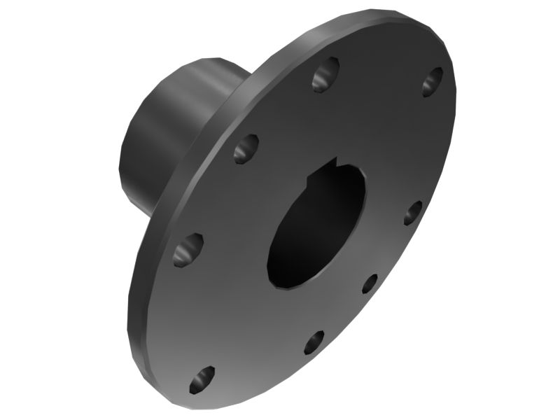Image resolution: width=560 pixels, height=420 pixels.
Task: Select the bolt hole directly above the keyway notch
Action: (x=325, y=74)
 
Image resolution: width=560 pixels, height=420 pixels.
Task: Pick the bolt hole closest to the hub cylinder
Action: (x=245, y=148)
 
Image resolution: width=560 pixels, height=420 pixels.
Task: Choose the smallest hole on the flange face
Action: (x=370, y=283)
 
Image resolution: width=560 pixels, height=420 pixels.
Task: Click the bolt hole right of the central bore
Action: (x=413, y=212)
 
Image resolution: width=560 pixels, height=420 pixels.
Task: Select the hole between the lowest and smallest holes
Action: (x=314, y=342)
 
